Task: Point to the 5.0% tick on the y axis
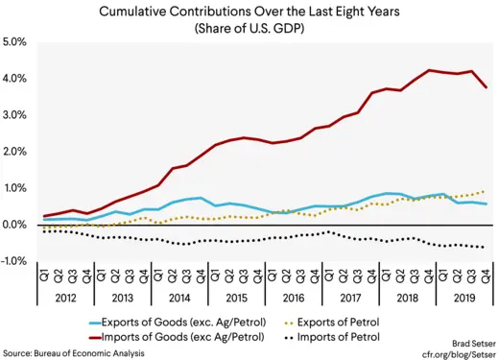click(16, 43)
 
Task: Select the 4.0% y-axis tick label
click(16, 79)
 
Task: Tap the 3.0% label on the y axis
click(16, 115)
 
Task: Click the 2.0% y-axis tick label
click(16, 152)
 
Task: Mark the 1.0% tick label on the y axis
click(16, 188)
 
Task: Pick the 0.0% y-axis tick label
click(16, 225)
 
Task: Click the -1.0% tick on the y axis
click(14, 261)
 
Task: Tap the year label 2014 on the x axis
click(178, 299)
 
